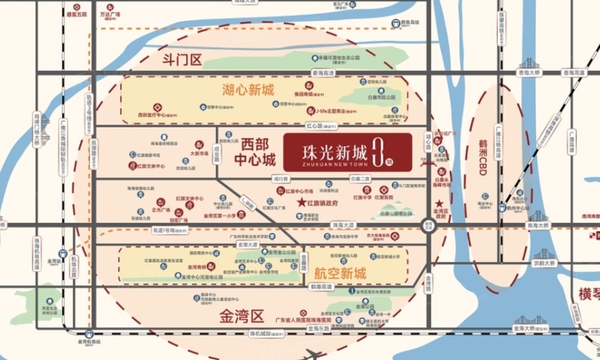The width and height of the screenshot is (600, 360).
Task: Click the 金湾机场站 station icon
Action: coord(90,331)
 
